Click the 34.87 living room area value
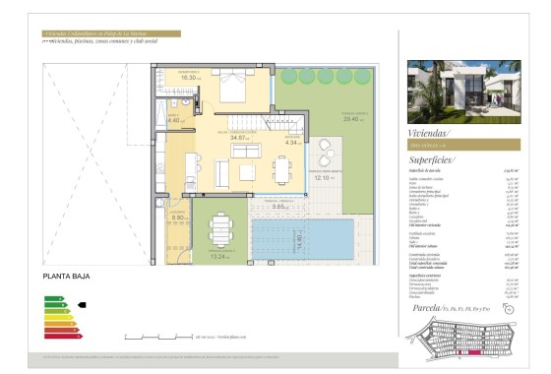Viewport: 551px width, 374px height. click(x=239, y=138)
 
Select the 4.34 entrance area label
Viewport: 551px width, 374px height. click(x=291, y=143)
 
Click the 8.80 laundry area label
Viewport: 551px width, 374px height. click(x=178, y=218)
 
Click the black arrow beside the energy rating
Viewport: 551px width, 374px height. click(x=82, y=305)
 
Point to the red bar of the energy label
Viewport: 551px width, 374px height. click(x=57, y=340)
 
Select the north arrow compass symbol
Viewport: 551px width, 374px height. click(x=509, y=312)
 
